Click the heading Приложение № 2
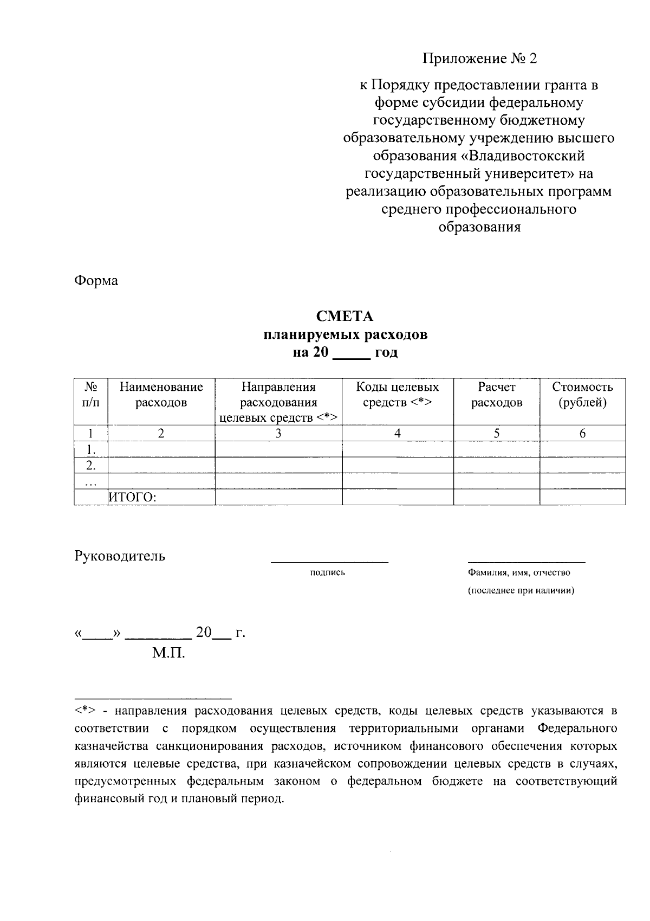(479, 59)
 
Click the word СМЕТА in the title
(345, 316)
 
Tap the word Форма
(96, 281)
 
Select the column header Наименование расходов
(161, 395)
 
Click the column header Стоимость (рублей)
(582, 395)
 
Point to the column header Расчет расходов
(497, 395)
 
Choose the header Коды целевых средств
(397, 395)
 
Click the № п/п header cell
(91, 395)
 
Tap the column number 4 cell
(398, 433)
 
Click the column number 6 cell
(582, 433)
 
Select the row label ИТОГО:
(133, 497)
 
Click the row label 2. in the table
(91, 465)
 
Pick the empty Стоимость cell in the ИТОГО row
(582, 497)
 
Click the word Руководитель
(120, 556)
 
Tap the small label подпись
(327, 572)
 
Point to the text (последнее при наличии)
(521, 590)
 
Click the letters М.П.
(168, 653)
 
